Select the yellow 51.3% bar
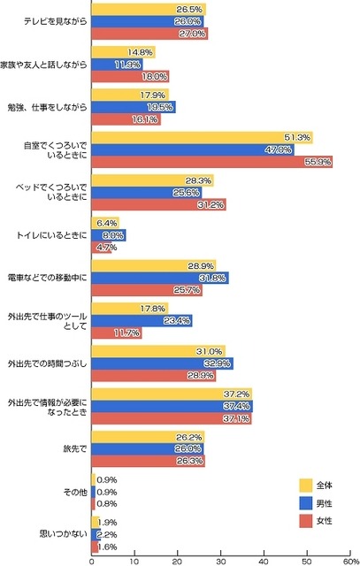pos(202,137)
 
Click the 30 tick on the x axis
pos(221,559)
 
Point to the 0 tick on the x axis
pos(92,559)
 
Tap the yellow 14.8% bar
pos(123,51)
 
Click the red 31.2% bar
pos(158,204)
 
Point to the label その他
pos(73,491)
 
